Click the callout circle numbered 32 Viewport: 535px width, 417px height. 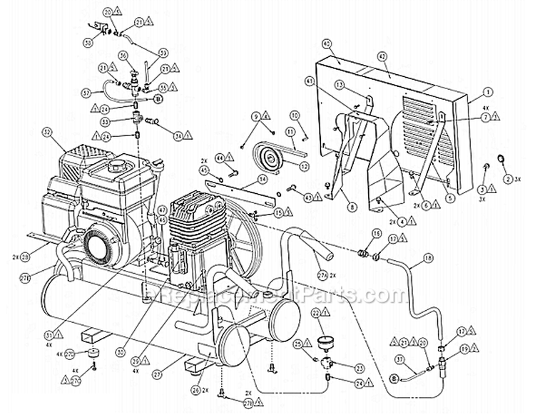point(49,132)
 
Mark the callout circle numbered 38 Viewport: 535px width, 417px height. point(88,43)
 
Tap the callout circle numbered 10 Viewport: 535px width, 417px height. point(295,115)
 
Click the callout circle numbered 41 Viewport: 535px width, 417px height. point(310,82)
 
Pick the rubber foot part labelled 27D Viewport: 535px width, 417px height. point(92,354)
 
